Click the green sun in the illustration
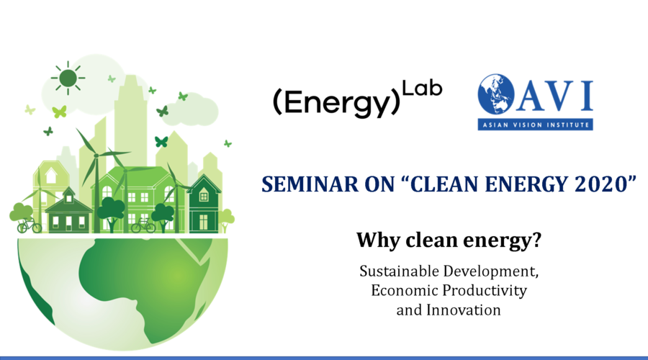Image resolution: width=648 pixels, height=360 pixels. (x=68, y=78)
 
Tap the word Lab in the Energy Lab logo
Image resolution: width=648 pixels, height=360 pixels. (x=422, y=89)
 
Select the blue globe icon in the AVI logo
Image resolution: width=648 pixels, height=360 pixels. (x=496, y=94)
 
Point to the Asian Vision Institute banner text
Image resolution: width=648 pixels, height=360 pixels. (x=536, y=125)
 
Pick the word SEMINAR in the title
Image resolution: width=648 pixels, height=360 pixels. (x=310, y=184)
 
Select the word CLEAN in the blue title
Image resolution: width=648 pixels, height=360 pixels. (x=445, y=184)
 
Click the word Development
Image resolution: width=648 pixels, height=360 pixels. (x=491, y=271)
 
